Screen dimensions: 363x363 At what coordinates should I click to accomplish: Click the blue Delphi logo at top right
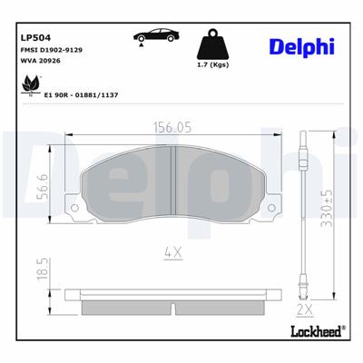(x=302, y=46)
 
